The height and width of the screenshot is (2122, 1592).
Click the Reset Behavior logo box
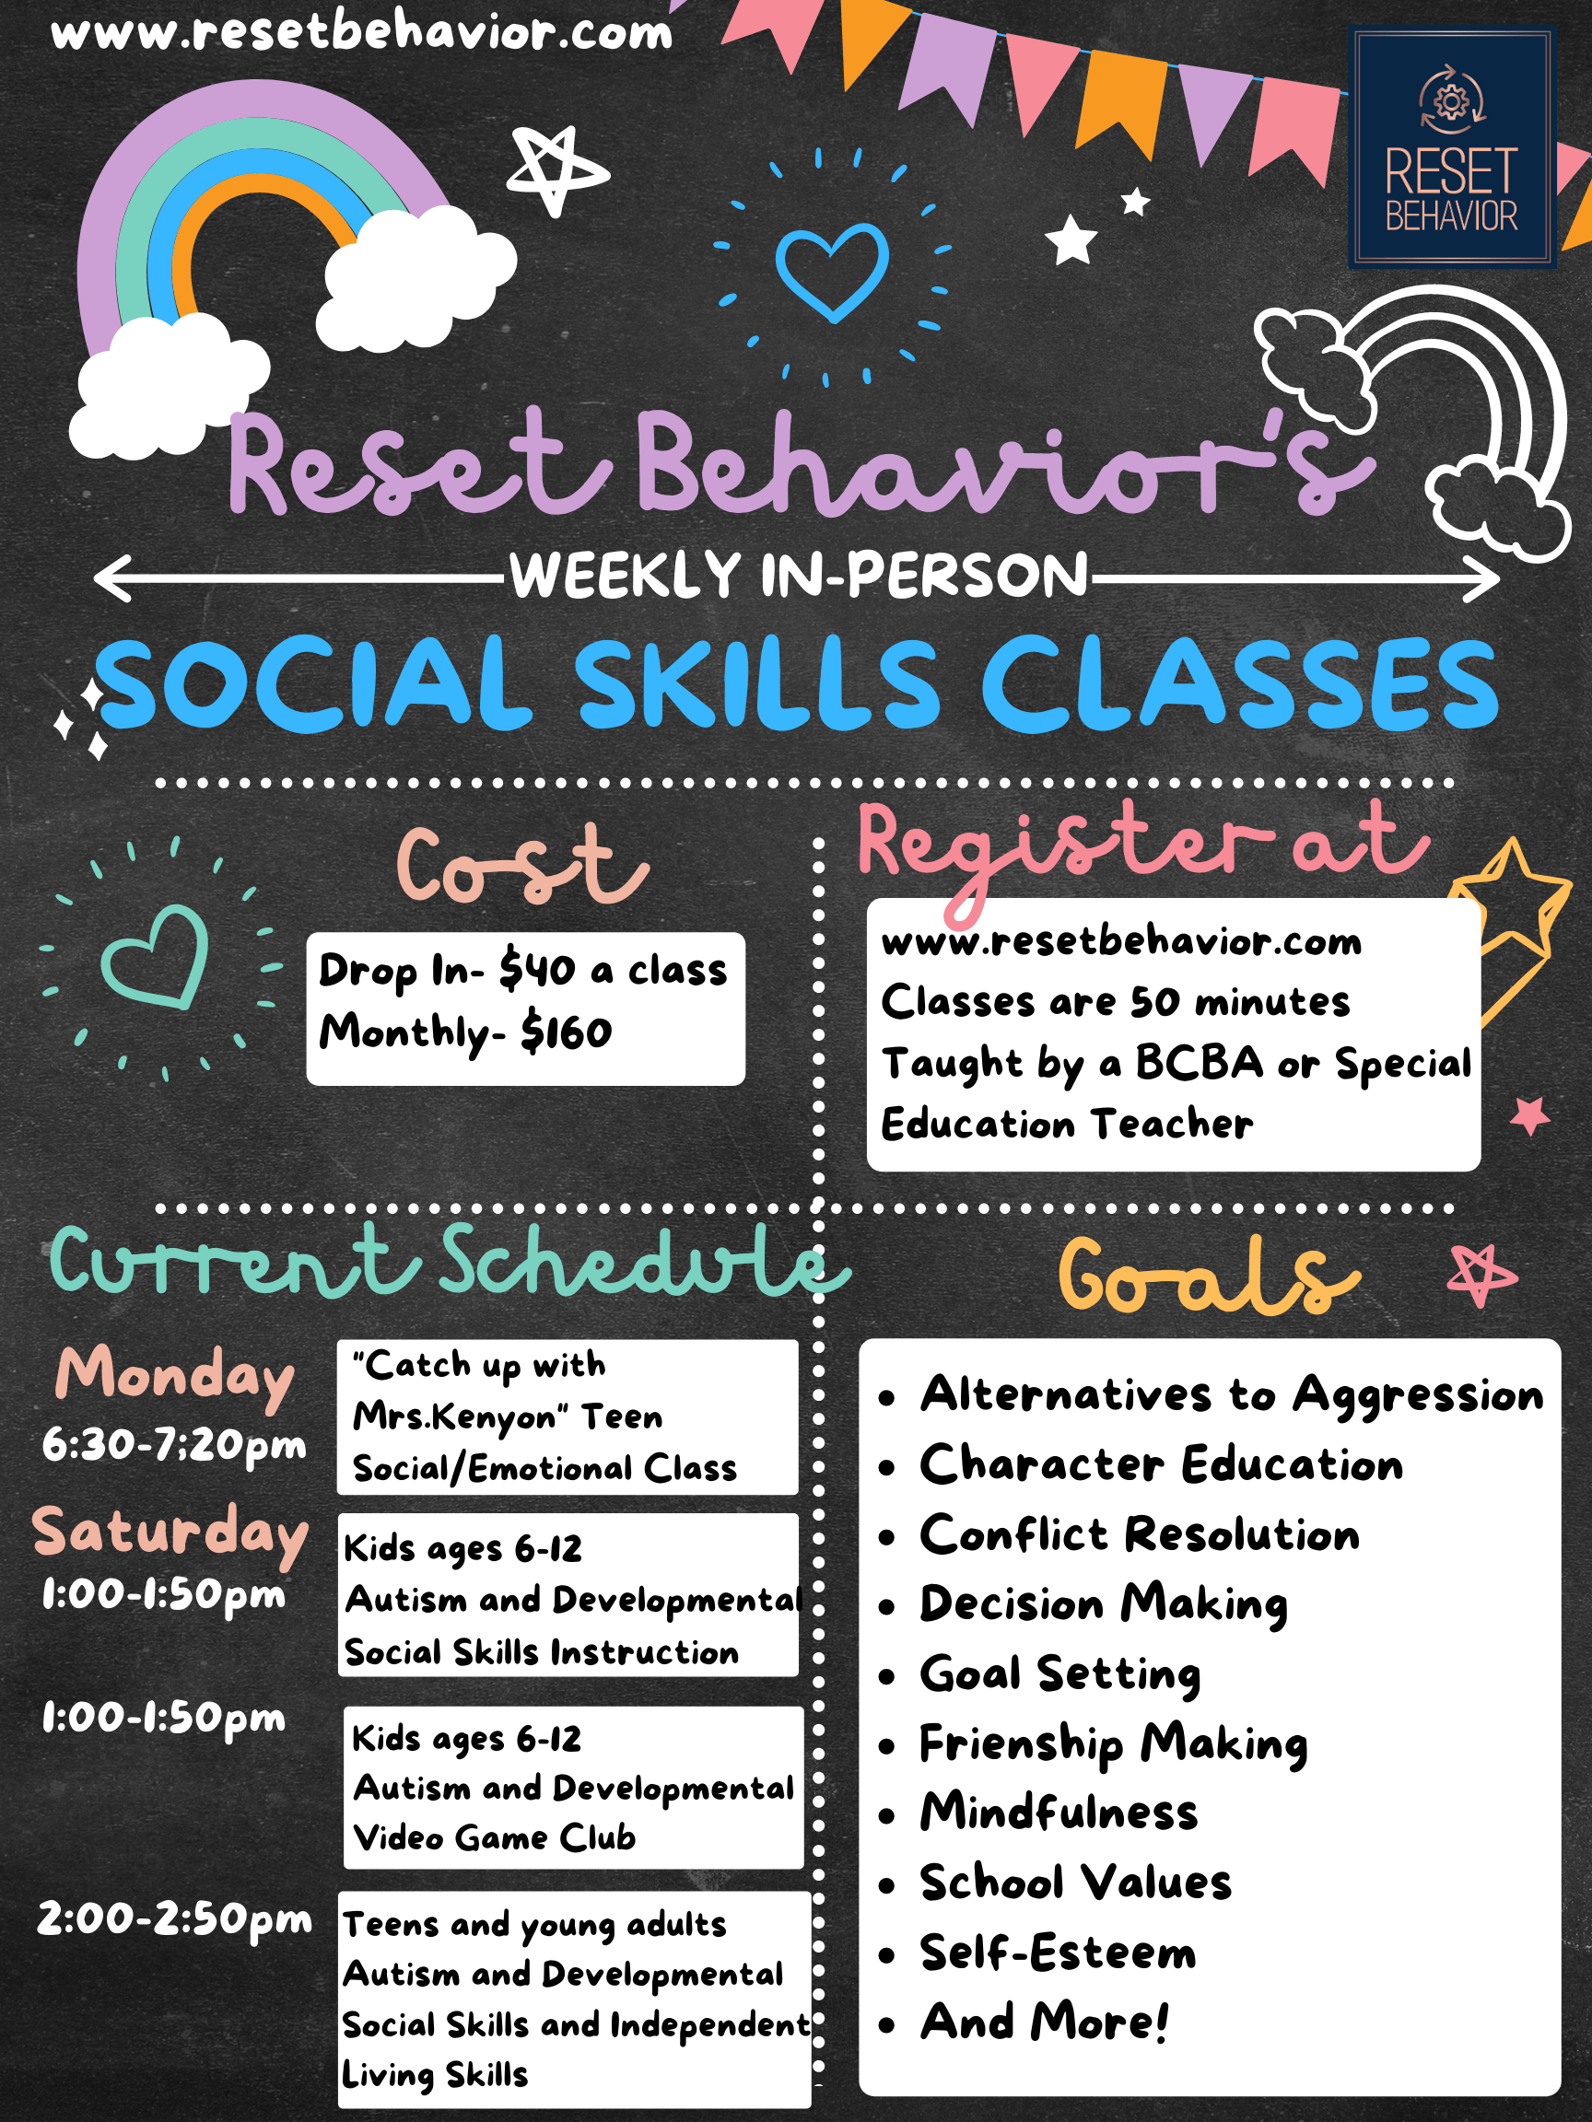[x=1451, y=146]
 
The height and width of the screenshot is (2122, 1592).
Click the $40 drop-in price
[x=536, y=970]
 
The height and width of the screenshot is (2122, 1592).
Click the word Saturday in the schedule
[x=170, y=1532]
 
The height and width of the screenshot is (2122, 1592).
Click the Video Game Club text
[x=494, y=1837]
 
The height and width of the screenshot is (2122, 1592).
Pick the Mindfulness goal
[x=1059, y=1813]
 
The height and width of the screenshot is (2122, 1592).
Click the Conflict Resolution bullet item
[x=1139, y=1535]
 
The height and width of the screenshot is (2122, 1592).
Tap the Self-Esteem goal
[x=1058, y=1953]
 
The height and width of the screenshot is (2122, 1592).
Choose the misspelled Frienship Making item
[x=1113, y=1743]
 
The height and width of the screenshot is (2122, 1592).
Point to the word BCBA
[x=1199, y=1063]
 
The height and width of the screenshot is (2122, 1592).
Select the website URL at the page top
[x=362, y=32]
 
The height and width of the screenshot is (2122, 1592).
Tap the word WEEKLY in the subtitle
[x=625, y=576]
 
